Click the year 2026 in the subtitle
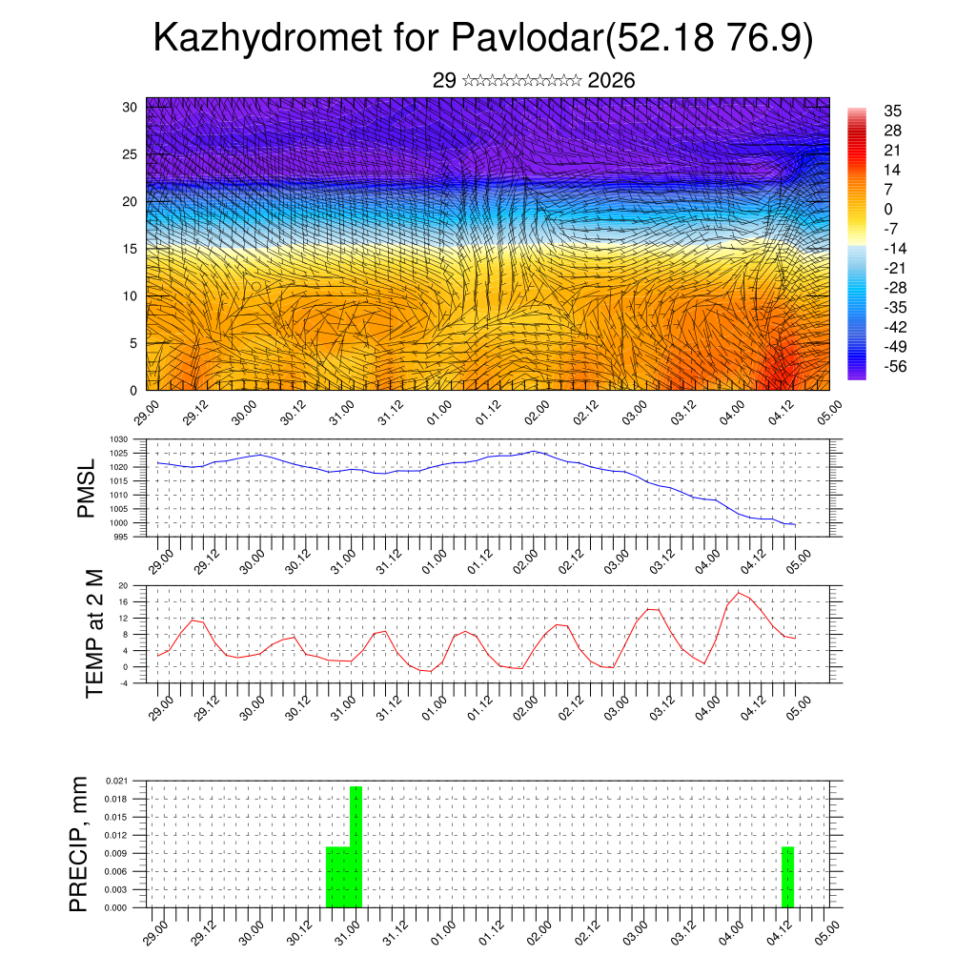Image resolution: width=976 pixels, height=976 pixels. tap(612, 81)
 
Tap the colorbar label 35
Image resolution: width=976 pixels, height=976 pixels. tap(893, 111)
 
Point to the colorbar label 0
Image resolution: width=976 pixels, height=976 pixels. tap(888, 209)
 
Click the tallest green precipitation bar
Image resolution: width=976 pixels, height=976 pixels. tap(356, 846)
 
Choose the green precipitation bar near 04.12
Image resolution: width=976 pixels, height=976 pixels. tap(788, 877)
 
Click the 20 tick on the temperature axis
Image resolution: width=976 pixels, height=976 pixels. tap(124, 585)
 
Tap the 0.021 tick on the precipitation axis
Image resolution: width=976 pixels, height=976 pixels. tap(117, 781)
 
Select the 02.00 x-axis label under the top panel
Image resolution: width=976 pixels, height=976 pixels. tap(536, 417)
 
